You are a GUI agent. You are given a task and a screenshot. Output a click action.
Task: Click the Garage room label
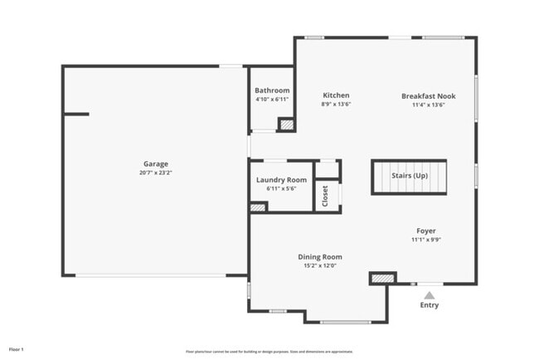pyautogui.click(x=155, y=164)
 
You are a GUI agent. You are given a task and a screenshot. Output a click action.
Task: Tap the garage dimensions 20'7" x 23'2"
pyautogui.click(x=155, y=173)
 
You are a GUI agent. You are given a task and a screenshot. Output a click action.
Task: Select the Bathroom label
pyautogui.click(x=272, y=90)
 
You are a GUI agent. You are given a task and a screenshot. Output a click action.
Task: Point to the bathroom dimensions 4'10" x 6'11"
pyautogui.click(x=272, y=100)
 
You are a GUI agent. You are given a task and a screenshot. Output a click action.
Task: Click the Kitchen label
pyautogui.click(x=336, y=95)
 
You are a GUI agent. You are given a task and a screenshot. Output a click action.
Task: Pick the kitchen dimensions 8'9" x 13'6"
pyautogui.click(x=336, y=105)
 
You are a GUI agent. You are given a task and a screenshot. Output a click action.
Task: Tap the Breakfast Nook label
pyautogui.click(x=429, y=95)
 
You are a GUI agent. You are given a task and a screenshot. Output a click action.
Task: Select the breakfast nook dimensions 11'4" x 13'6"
pyautogui.click(x=429, y=105)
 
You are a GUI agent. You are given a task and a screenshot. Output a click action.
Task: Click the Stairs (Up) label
pyautogui.click(x=410, y=176)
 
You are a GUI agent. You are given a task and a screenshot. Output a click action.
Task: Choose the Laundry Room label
pyautogui.click(x=281, y=180)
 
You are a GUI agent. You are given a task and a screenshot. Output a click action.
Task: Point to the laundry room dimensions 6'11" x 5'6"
pyautogui.click(x=281, y=189)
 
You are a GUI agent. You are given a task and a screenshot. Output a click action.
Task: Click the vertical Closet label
pyautogui.click(x=325, y=196)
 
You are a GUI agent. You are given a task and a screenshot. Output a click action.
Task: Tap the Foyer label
pyautogui.click(x=426, y=231)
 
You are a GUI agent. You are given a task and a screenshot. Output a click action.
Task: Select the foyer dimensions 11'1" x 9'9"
pyautogui.click(x=426, y=240)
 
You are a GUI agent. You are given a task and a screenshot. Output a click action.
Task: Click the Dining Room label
pyautogui.click(x=320, y=257)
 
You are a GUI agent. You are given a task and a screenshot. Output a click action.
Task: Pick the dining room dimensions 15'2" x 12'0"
pyautogui.click(x=320, y=266)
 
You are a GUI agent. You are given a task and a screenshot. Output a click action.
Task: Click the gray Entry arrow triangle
pyautogui.click(x=429, y=294)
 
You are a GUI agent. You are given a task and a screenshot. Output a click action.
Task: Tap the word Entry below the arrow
pyautogui.click(x=429, y=305)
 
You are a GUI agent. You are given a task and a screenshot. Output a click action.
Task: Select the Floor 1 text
pyautogui.click(x=17, y=349)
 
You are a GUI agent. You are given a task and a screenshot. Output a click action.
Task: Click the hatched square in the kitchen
pyautogui.click(x=286, y=124)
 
